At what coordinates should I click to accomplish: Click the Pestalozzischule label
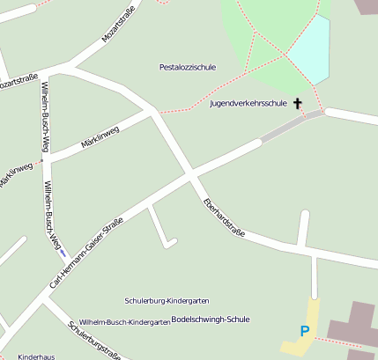coord(187,67)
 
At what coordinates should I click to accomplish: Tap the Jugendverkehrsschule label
coord(248,104)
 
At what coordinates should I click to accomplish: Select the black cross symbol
coord(298,104)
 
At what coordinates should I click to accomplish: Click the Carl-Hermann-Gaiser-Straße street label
coord(85,252)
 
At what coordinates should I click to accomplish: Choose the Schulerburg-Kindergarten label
coord(167,301)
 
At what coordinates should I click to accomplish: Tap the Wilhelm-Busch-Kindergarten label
coord(124,322)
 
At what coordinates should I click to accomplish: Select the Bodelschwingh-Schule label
coord(211,319)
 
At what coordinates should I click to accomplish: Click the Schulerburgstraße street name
coord(93,340)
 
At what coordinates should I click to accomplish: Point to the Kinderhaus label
coord(36,356)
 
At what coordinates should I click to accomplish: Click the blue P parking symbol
coord(305,332)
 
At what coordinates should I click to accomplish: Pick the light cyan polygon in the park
coord(309,50)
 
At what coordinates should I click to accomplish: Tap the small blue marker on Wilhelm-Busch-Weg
coord(63,253)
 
